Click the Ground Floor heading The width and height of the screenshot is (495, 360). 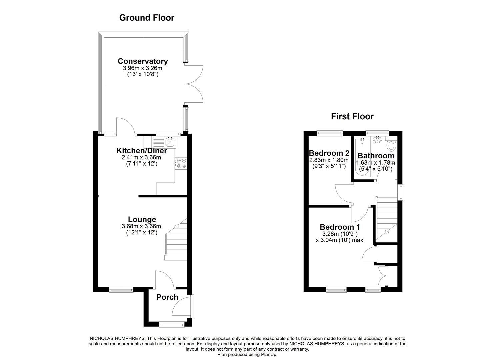click(x=147, y=18)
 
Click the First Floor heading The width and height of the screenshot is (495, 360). click(x=352, y=116)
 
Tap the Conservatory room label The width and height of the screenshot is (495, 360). click(x=143, y=61)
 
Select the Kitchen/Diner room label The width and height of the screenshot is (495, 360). click(x=142, y=151)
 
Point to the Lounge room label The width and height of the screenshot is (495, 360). click(x=142, y=219)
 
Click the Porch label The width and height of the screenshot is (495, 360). click(x=167, y=297)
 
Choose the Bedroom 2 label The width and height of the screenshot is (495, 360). click(x=329, y=153)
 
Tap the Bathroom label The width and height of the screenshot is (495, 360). click(x=376, y=156)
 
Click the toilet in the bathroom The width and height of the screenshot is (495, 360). click(x=391, y=145)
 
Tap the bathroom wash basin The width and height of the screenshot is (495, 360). click(x=378, y=140)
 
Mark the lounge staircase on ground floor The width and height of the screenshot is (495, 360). click(x=176, y=239)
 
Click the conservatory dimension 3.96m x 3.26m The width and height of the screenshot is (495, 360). click(x=143, y=68)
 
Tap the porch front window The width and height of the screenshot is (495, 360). click(x=171, y=323)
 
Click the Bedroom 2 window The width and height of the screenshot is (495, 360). click(x=330, y=133)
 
